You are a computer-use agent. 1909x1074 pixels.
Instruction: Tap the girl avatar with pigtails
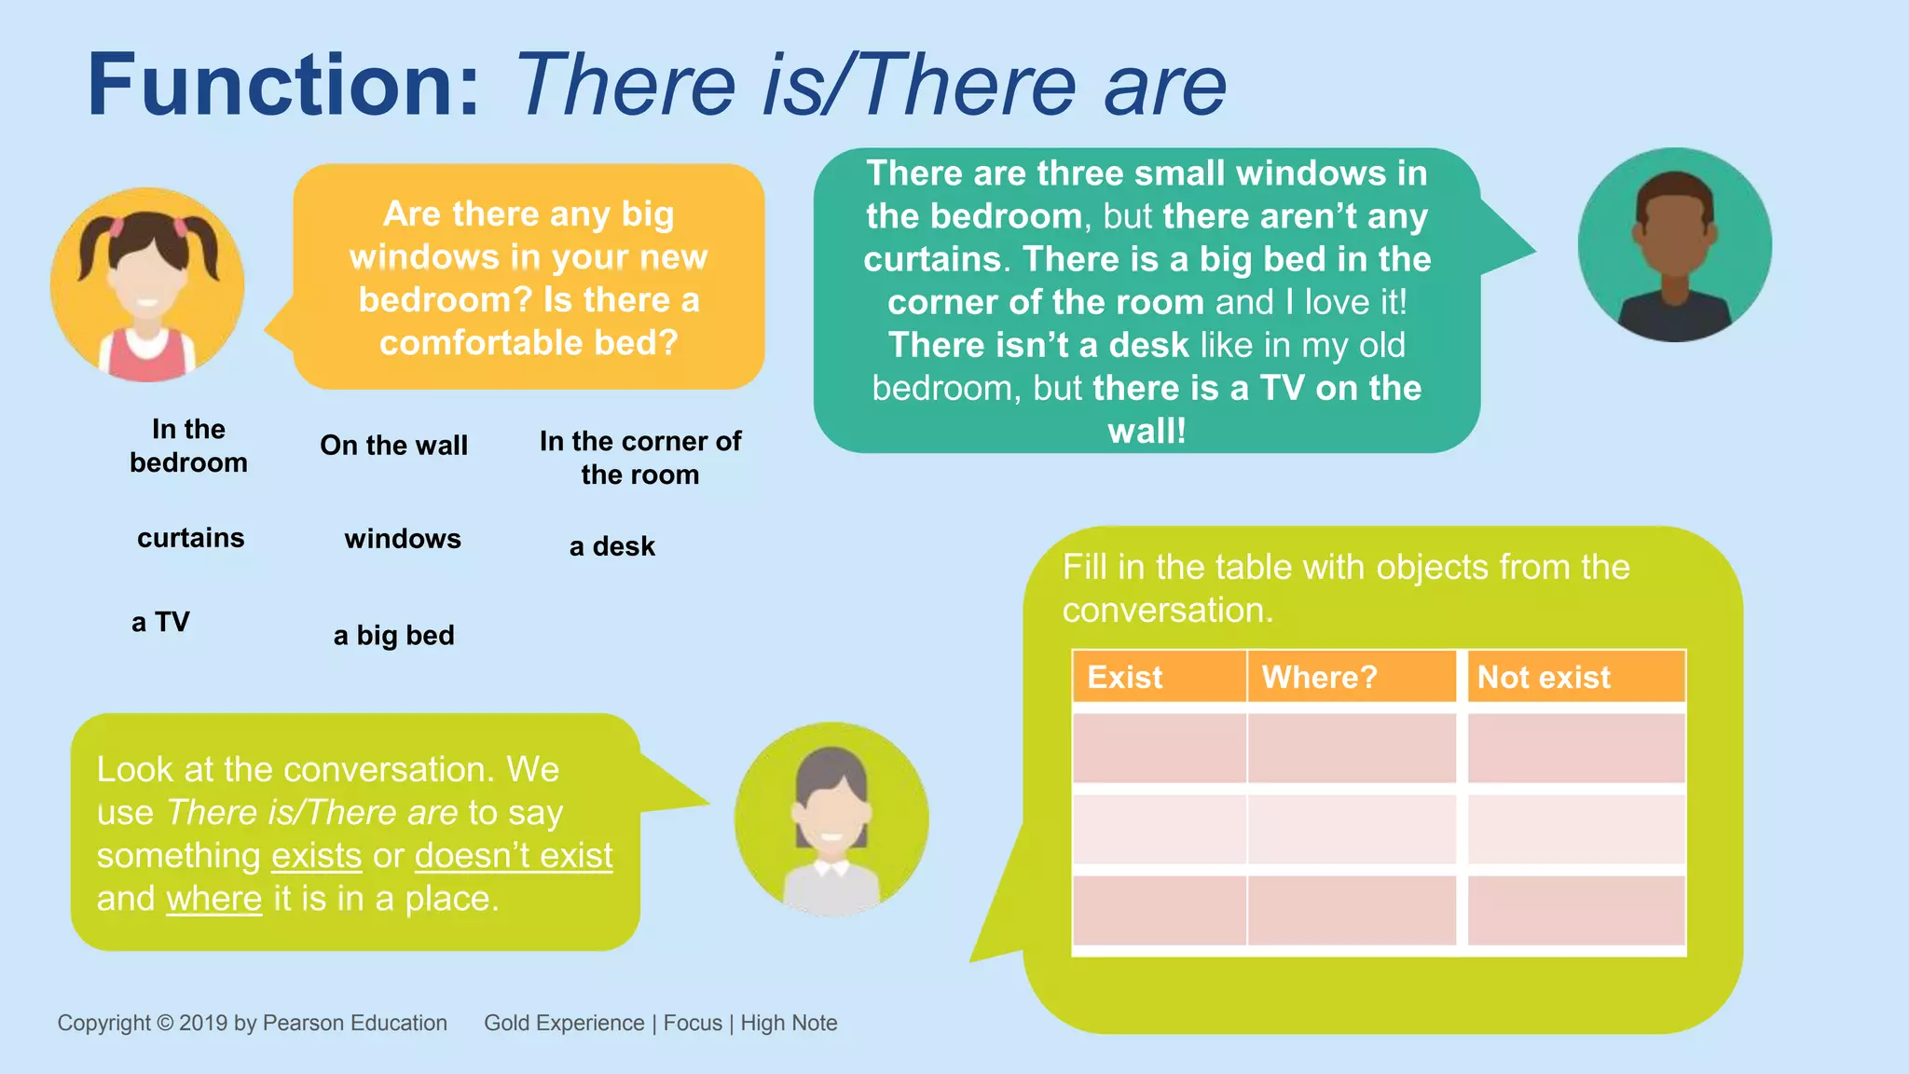pyautogui.click(x=147, y=285)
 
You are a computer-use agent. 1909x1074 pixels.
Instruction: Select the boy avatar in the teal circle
pyautogui.click(x=1674, y=245)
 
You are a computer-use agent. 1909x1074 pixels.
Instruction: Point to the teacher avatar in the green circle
pyautogui.click(x=831, y=819)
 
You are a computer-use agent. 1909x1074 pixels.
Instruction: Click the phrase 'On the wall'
pyautogui.click(x=393, y=446)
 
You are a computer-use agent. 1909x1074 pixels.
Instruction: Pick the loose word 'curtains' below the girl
pyautogui.click(x=190, y=538)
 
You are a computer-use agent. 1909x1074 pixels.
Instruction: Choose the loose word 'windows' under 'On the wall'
pyautogui.click(x=403, y=539)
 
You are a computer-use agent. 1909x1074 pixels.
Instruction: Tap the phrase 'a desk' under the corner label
pyautogui.click(x=611, y=546)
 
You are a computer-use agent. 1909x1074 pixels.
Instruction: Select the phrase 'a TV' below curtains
pyautogui.click(x=160, y=622)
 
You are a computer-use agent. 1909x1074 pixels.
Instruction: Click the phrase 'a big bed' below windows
pyautogui.click(x=393, y=636)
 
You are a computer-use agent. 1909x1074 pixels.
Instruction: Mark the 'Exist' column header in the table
pyautogui.click(x=1125, y=677)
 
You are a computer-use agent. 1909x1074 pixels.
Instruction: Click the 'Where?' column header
pyautogui.click(x=1319, y=677)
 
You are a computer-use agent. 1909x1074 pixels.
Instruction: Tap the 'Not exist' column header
pyautogui.click(x=1544, y=677)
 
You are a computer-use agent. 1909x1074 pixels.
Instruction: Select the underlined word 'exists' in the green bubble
pyautogui.click(x=316, y=856)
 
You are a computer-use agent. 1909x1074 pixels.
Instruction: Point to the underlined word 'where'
pyautogui.click(x=214, y=899)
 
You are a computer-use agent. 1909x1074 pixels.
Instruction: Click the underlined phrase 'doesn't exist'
pyautogui.click(x=514, y=856)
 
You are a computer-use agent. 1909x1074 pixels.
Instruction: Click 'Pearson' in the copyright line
pyautogui.click(x=305, y=1023)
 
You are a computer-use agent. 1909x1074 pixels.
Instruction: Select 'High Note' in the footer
pyautogui.click(x=789, y=1023)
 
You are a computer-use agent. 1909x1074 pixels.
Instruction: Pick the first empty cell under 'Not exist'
pyautogui.click(x=1575, y=748)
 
